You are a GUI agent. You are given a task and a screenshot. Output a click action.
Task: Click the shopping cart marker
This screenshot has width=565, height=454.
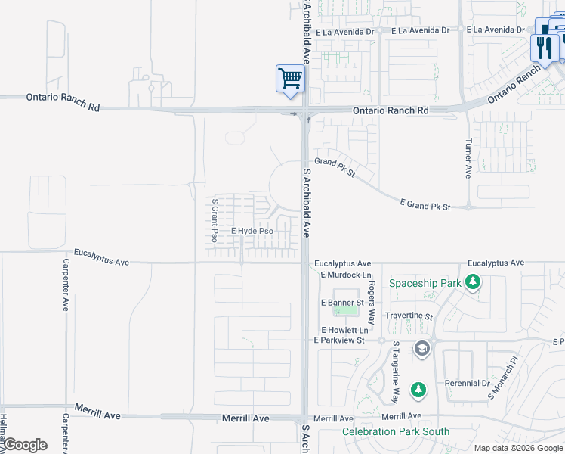(x=291, y=79)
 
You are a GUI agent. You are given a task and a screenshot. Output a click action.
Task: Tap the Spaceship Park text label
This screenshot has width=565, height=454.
(x=425, y=284)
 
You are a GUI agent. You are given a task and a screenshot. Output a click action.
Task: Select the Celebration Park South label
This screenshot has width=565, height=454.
(x=395, y=432)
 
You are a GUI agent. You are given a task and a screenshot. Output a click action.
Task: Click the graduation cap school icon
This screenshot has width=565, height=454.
(x=421, y=349)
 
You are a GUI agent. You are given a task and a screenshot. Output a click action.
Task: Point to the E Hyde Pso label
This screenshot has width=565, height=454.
(x=252, y=231)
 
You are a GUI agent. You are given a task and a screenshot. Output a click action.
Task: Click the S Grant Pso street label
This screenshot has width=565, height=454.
(x=215, y=220)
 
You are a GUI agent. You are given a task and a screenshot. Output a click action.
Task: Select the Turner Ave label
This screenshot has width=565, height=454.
(x=468, y=159)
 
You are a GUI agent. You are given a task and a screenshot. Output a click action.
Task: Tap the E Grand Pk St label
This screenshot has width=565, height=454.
(x=425, y=206)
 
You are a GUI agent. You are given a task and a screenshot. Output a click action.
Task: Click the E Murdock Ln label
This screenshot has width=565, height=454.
(x=346, y=275)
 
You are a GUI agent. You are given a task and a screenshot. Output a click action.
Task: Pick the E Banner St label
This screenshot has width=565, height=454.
(x=342, y=303)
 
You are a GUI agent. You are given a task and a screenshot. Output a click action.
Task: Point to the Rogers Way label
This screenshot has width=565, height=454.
(x=372, y=299)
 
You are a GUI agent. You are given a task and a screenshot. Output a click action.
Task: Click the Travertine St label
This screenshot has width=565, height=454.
(x=407, y=317)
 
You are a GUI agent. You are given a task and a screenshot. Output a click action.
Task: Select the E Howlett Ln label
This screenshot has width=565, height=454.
(x=344, y=331)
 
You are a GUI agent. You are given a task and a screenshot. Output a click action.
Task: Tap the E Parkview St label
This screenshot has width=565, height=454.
(x=339, y=340)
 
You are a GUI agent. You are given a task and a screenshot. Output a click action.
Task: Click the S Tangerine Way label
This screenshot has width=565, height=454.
(x=395, y=372)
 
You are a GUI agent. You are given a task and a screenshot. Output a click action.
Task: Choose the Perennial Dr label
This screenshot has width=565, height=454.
(x=467, y=384)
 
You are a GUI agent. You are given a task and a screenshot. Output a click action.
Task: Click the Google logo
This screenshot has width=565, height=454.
(x=26, y=445)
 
